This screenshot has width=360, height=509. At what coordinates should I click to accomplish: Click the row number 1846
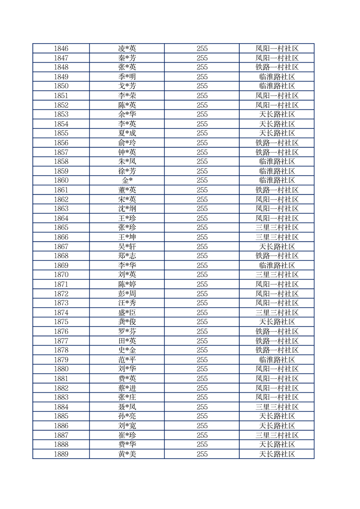click(x=61, y=49)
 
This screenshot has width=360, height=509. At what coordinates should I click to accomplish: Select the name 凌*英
click(x=127, y=49)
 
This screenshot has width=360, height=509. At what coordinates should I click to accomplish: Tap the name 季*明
click(x=127, y=77)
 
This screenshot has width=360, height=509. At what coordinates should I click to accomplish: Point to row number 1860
click(x=61, y=181)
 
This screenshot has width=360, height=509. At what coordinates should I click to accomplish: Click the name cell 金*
click(x=127, y=181)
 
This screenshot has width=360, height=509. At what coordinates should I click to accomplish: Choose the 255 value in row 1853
click(x=202, y=114)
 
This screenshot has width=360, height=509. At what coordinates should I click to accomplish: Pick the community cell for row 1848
click(x=276, y=67)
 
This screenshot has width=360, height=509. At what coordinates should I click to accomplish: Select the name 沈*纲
click(x=127, y=209)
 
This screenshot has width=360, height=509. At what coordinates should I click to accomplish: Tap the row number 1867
click(x=61, y=247)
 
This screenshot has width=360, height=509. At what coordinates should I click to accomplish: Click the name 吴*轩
click(x=127, y=247)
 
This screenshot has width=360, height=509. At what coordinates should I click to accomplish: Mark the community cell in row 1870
click(x=276, y=275)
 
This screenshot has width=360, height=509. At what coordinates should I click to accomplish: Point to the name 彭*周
click(x=127, y=294)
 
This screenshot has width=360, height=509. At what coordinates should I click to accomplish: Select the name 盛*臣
click(x=127, y=313)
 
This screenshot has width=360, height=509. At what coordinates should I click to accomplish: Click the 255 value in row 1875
click(x=202, y=322)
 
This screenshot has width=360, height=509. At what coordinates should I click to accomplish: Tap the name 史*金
click(x=127, y=350)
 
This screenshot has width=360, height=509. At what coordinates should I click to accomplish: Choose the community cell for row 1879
click(x=276, y=360)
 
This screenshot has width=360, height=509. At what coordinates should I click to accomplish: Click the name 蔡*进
click(x=127, y=388)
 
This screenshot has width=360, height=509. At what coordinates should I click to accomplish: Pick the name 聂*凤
click(x=127, y=407)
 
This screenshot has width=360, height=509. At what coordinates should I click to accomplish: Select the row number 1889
click(x=61, y=454)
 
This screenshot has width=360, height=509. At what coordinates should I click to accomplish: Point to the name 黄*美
click(x=127, y=454)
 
